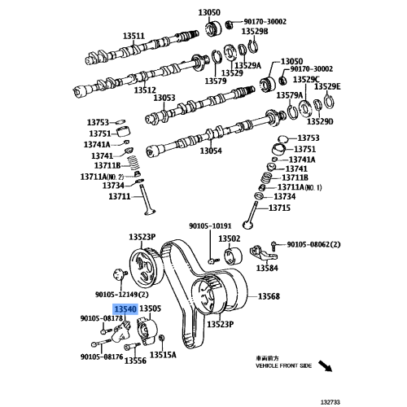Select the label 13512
click(144, 90)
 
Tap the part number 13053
click(164, 98)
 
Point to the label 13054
click(211, 151)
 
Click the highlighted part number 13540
click(125, 309)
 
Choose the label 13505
click(151, 309)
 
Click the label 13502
click(229, 239)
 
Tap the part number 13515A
click(163, 355)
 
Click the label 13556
click(134, 360)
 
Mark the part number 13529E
click(328, 86)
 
